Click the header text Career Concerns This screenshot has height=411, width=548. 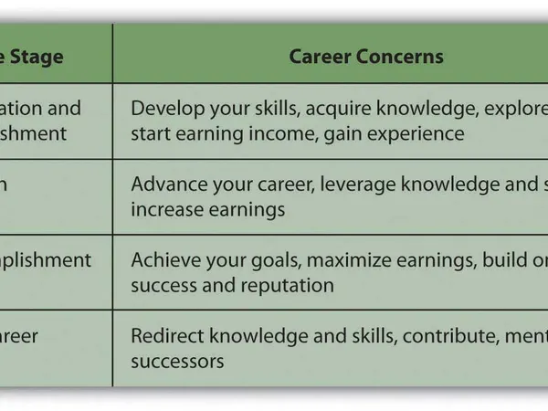[x=366, y=57]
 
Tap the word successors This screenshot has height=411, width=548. [x=177, y=361]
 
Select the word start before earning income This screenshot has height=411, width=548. [x=150, y=133]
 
